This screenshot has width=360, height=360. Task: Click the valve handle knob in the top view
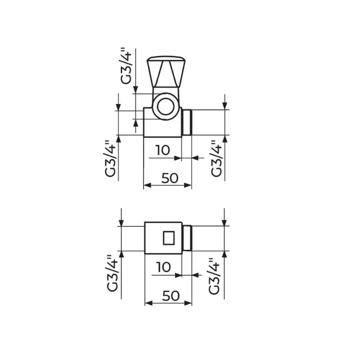point(166,72)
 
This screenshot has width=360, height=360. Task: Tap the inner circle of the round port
point(166,106)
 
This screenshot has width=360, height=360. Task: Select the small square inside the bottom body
point(169,238)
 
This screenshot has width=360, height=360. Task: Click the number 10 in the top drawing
point(163,150)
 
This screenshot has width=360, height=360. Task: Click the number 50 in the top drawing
point(170,178)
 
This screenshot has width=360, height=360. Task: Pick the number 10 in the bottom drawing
point(163,267)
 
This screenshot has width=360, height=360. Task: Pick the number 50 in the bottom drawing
point(171,296)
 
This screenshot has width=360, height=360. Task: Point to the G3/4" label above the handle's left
point(126,66)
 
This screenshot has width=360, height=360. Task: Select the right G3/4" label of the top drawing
point(216,159)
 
